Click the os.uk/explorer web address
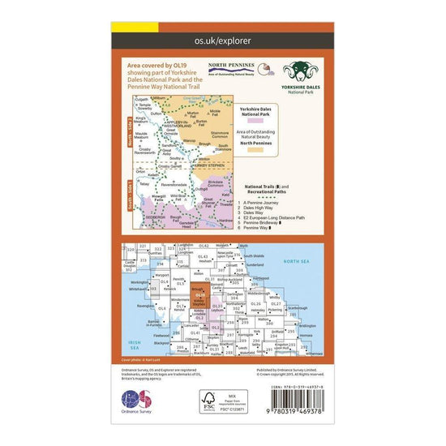point(222,39)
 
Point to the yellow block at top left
point(125,26)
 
